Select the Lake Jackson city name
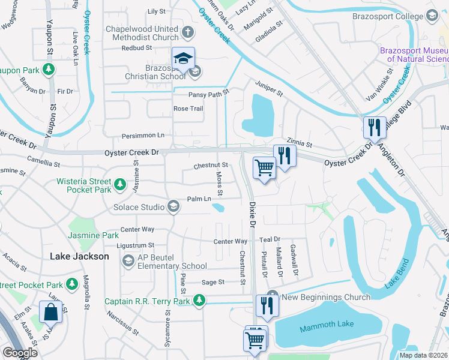click(79, 256)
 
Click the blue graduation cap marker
click(183, 58)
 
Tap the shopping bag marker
click(50, 312)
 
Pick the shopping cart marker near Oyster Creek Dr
click(264, 168)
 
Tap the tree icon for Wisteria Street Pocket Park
click(120, 183)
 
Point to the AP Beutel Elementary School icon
click(128, 260)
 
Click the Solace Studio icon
click(173, 207)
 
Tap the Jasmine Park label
click(94, 236)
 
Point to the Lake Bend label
click(396, 274)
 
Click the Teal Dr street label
click(270, 239)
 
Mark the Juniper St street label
click(269, 88)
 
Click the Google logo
click(20, 353)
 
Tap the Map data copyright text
click(423, 355)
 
